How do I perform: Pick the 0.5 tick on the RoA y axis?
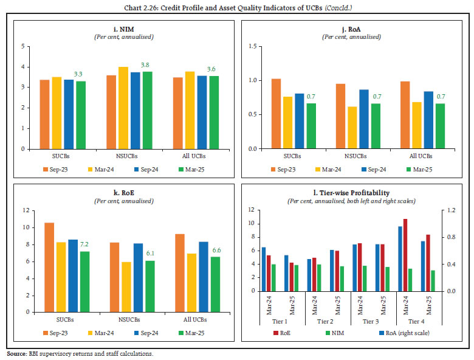[252, 114]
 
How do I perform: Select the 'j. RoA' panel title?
[356, 29]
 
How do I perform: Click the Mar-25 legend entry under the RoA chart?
[425, 168]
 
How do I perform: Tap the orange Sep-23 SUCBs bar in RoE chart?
[49, 267]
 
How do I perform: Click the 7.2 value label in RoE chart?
[85, 245]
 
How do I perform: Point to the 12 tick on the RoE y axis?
[26, 210]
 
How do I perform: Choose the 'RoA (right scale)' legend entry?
[405, 333]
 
